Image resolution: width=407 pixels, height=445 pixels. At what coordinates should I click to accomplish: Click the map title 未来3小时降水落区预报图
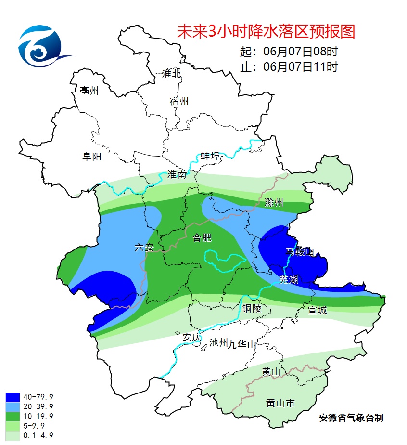click(266, 31)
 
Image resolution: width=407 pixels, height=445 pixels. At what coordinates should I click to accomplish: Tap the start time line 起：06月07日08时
click(289, 51)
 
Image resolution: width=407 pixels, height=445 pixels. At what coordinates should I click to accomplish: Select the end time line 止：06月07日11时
click(289, 67)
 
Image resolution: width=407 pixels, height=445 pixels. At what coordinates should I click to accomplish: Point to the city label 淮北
click(171, 73)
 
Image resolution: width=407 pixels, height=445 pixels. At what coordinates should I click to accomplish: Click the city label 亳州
click(89, 91)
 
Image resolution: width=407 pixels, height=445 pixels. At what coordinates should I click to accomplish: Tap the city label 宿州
click(179, 102)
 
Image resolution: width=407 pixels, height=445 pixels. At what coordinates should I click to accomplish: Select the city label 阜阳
click(92, 156)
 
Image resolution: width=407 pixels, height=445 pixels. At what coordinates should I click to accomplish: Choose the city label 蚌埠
click(210, 156)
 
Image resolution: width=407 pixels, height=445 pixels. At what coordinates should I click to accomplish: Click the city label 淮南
click(177, 174)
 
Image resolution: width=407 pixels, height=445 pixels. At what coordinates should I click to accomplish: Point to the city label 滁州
click(274, 203)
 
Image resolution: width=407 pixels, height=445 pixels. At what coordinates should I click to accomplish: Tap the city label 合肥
click(202, 237)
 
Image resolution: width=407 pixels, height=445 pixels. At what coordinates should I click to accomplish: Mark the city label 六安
click(144, 248)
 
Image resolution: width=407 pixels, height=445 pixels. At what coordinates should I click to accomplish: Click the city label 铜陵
click(252, 309)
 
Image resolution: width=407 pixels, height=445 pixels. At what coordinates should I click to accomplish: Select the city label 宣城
click(317, 311)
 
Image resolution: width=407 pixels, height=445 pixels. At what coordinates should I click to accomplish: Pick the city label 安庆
click(191, 338)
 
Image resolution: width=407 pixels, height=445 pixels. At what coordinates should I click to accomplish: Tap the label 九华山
click(243, 344)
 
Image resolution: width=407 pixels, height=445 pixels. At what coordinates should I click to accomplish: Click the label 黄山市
click(280, 403)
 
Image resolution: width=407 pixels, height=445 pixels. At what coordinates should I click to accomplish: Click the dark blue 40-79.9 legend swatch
click(13, 397)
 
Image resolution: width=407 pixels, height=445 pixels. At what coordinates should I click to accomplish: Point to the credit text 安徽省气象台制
click(351, 418)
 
